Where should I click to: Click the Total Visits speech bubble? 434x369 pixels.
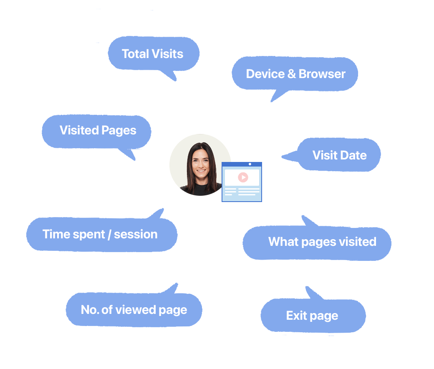[154, 54]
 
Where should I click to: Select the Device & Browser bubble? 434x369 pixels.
[295, 74]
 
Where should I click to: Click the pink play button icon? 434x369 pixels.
[243, 177]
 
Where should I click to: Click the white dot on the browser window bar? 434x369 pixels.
[250, 164]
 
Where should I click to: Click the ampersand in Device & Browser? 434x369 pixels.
[291, 74]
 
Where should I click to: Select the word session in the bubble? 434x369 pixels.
[136, 235]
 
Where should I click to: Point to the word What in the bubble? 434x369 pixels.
[283, 241]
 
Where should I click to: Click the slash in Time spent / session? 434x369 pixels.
[109, 235]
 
